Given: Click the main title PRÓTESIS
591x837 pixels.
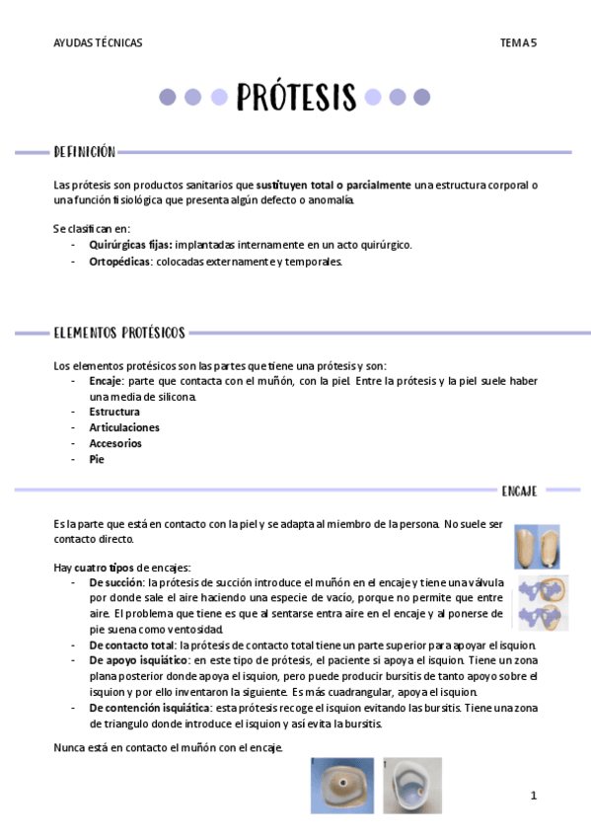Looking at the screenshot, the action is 296,97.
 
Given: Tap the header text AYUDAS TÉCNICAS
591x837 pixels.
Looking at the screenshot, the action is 98,42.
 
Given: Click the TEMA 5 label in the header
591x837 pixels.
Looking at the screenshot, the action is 518,42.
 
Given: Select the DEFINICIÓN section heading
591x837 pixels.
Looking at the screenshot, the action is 84,152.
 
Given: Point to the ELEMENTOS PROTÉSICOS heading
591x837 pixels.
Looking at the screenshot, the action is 119,333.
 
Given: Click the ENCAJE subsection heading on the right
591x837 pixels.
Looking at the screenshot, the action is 519,490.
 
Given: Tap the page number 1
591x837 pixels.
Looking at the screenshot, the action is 533,796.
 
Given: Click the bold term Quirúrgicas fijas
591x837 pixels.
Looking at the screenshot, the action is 130,245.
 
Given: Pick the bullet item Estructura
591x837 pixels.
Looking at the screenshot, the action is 114,412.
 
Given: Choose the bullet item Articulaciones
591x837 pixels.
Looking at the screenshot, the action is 124,427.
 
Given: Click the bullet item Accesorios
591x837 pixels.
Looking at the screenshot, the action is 115,443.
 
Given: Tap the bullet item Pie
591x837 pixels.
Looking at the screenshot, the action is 97,459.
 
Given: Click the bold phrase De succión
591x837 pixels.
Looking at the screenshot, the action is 116,583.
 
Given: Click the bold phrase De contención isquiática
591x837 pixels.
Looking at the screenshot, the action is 150,708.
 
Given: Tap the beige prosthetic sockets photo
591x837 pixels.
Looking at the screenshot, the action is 537,547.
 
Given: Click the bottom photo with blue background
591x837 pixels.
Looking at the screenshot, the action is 341,785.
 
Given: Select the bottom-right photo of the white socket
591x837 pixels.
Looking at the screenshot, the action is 411,785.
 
